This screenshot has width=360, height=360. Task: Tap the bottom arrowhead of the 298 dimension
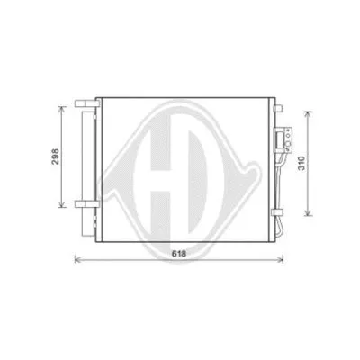(x=62, y=205)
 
